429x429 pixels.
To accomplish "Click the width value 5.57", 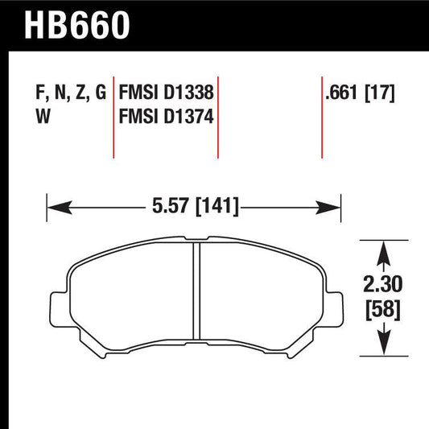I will pyautogui.click(x=167, y=207).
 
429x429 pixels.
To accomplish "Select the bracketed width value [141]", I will pyautogui.click(x=215, y=207).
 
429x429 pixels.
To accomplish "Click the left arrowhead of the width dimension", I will pyautogui.click(x=54, y=207).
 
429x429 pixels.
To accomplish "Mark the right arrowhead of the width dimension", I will pyautogui.click(x=336, y=207).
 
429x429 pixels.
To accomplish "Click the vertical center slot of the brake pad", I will pyautogui.click(x=196, y=299).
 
